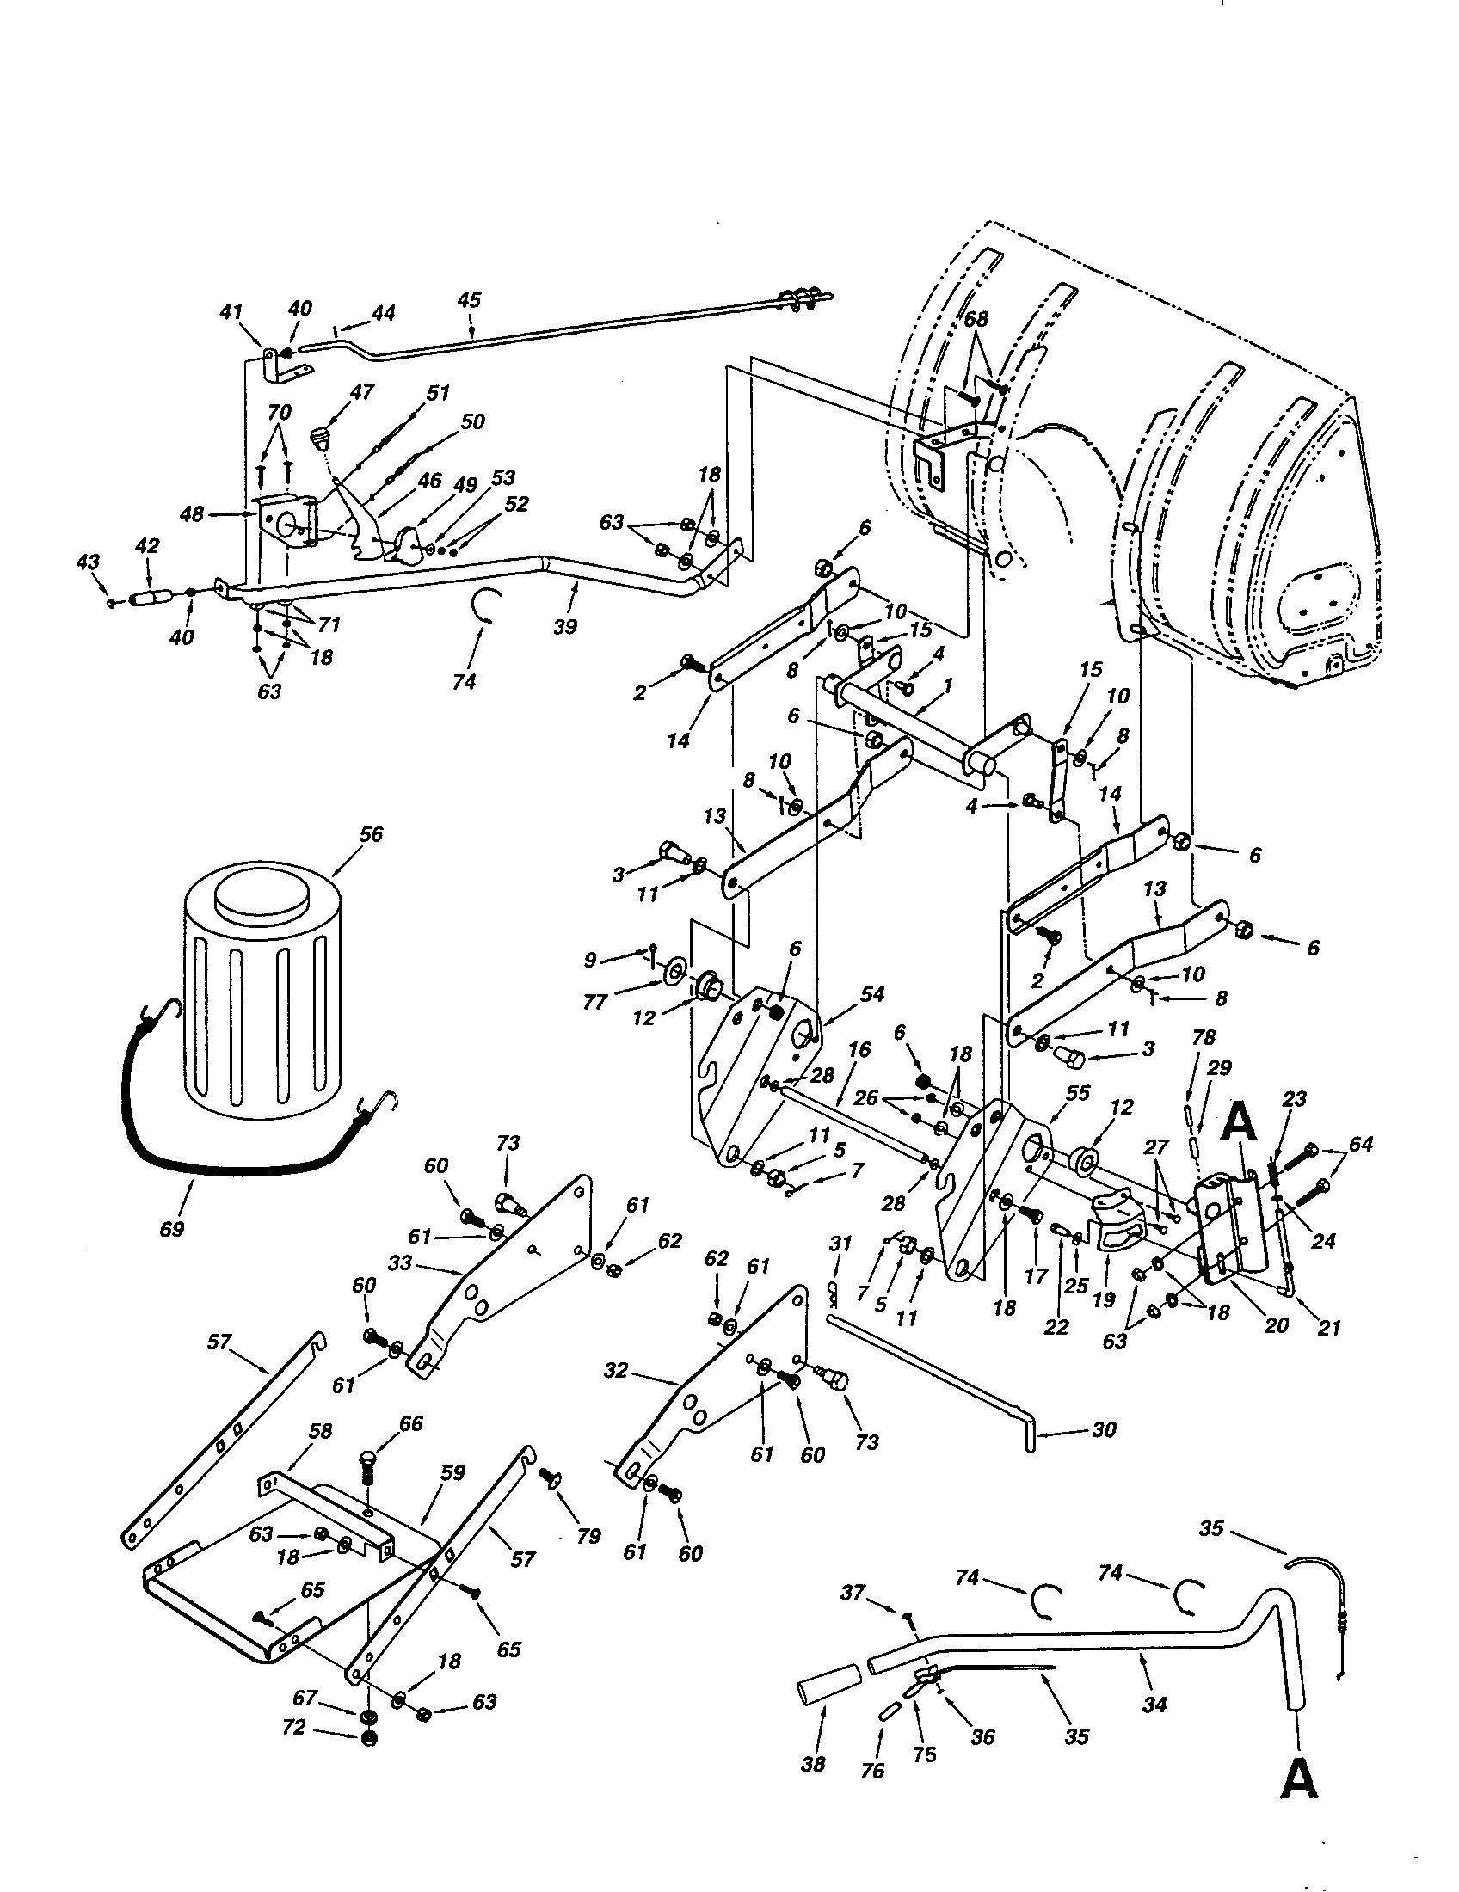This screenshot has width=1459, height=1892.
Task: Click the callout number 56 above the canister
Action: pos(370,834)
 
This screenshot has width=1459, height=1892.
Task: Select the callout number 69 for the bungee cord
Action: pos(172,1228)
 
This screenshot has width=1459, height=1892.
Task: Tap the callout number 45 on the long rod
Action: pos(469,300)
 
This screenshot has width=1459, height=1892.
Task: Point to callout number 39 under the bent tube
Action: pos(564,627)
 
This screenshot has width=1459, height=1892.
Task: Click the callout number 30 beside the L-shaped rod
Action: pos(1104,1430)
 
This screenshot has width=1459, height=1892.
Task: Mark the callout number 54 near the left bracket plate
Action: pos(871,995)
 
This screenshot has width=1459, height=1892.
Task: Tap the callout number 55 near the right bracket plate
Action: pos(1077,1094)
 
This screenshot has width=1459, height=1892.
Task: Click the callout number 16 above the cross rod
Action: pos(859,1051)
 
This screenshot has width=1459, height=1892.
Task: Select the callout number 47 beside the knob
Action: pos(361,392)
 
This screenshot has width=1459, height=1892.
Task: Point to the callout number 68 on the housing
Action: pos(976,319)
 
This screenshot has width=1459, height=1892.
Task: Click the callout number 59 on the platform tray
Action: pos(452,1472)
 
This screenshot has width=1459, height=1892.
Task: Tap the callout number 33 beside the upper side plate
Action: pos(400,1264)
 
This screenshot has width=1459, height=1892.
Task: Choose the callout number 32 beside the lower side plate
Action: pos(615,1372)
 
